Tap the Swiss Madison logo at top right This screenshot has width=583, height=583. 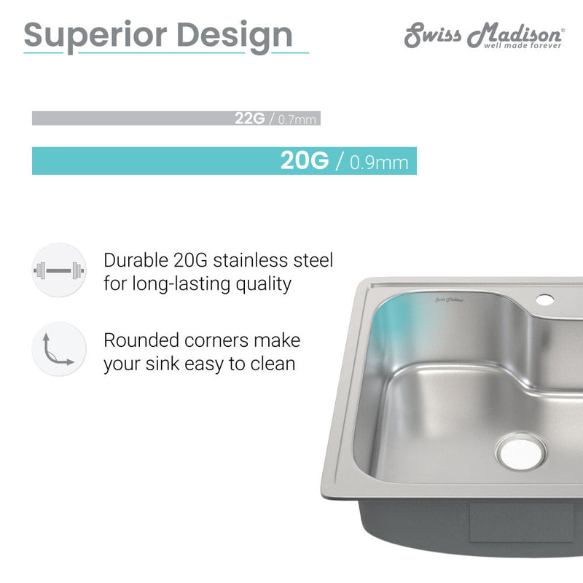(x=484, y=33)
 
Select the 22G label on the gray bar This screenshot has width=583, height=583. (x=249, y=119)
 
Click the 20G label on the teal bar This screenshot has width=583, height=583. (x=304, y=161)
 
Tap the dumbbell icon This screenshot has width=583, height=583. (x=58, y=270)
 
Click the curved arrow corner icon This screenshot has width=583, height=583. (x=58, y=349)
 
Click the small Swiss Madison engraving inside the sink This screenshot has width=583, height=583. (x=450, y=299)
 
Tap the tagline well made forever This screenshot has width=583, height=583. (x=523, y=45)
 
